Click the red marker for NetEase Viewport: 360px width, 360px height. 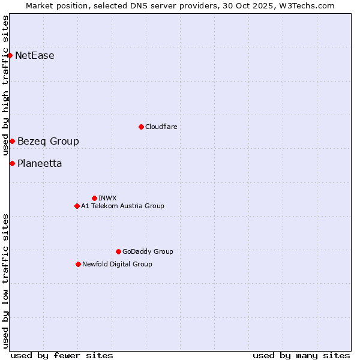10,56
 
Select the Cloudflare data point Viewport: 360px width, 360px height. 141,127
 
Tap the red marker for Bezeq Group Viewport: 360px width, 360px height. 12,141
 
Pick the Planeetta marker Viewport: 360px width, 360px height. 12,163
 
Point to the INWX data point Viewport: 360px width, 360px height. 94,198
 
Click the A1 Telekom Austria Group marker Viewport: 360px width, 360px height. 77,206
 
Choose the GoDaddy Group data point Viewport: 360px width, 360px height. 118,251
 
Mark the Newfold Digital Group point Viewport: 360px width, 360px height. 78,264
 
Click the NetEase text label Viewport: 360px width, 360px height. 35,56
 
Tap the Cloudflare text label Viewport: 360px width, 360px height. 161,127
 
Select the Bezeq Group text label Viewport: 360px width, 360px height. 48,141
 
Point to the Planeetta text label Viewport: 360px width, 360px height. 40,163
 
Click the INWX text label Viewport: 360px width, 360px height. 107,198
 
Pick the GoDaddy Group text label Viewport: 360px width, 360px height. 148,251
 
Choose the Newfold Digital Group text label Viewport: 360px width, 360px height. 117,264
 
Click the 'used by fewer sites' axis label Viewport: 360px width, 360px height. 62,355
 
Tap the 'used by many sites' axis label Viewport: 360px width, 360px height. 301,355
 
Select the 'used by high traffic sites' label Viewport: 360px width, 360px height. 5,85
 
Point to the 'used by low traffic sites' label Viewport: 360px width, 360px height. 5,281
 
